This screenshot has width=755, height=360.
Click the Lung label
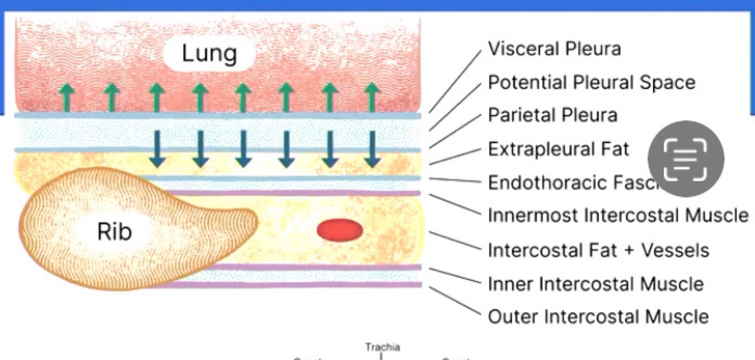[x=209, y=54]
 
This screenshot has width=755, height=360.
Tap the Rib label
[x=114, y=231]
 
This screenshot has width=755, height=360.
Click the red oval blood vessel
[x=340, y=230]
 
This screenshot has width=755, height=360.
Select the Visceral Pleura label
[x=554, y=49]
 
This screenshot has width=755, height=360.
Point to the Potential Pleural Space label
[x=591, y=83]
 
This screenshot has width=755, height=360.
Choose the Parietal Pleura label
[x=552, y=115]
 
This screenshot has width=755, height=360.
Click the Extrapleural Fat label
[x=558, y=149]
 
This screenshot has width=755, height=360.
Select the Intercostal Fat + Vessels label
[x=598, y=250]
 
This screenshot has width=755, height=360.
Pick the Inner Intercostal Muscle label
[x=595, y=283]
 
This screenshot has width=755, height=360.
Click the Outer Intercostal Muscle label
[x=598, y=316]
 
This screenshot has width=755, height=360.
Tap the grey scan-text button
[x=685, y=158]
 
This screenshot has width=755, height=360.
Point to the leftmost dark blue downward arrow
[x=157, y=149]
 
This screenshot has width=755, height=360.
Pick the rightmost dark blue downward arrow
[x=372, y=149]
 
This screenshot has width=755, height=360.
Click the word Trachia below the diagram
[x=382, y=347]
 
